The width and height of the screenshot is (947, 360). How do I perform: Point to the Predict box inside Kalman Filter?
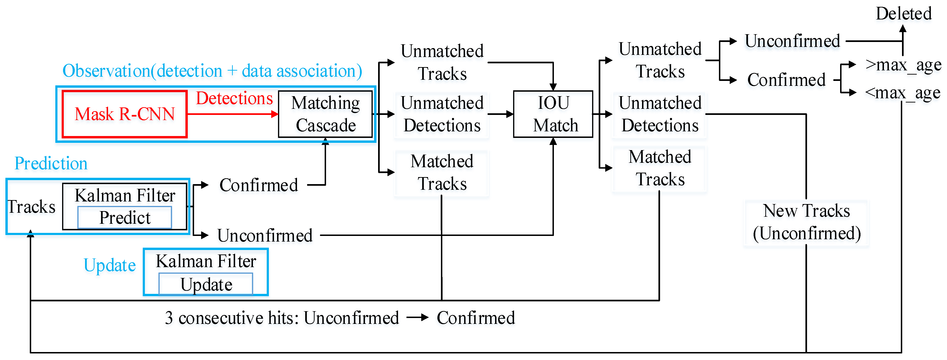point(125,218)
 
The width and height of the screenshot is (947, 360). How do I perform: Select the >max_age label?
point(903,65)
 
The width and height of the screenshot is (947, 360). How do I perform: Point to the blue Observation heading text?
point(212,71)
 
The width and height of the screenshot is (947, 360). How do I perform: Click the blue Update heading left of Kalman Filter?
point(109,265)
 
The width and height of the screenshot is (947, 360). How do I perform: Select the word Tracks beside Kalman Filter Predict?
point(32,207)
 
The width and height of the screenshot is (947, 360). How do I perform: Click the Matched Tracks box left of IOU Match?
point(442,173)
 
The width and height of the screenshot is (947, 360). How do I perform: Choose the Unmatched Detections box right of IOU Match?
point(660,114)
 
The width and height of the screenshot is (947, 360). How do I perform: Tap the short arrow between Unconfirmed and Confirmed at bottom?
point(418,317)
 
